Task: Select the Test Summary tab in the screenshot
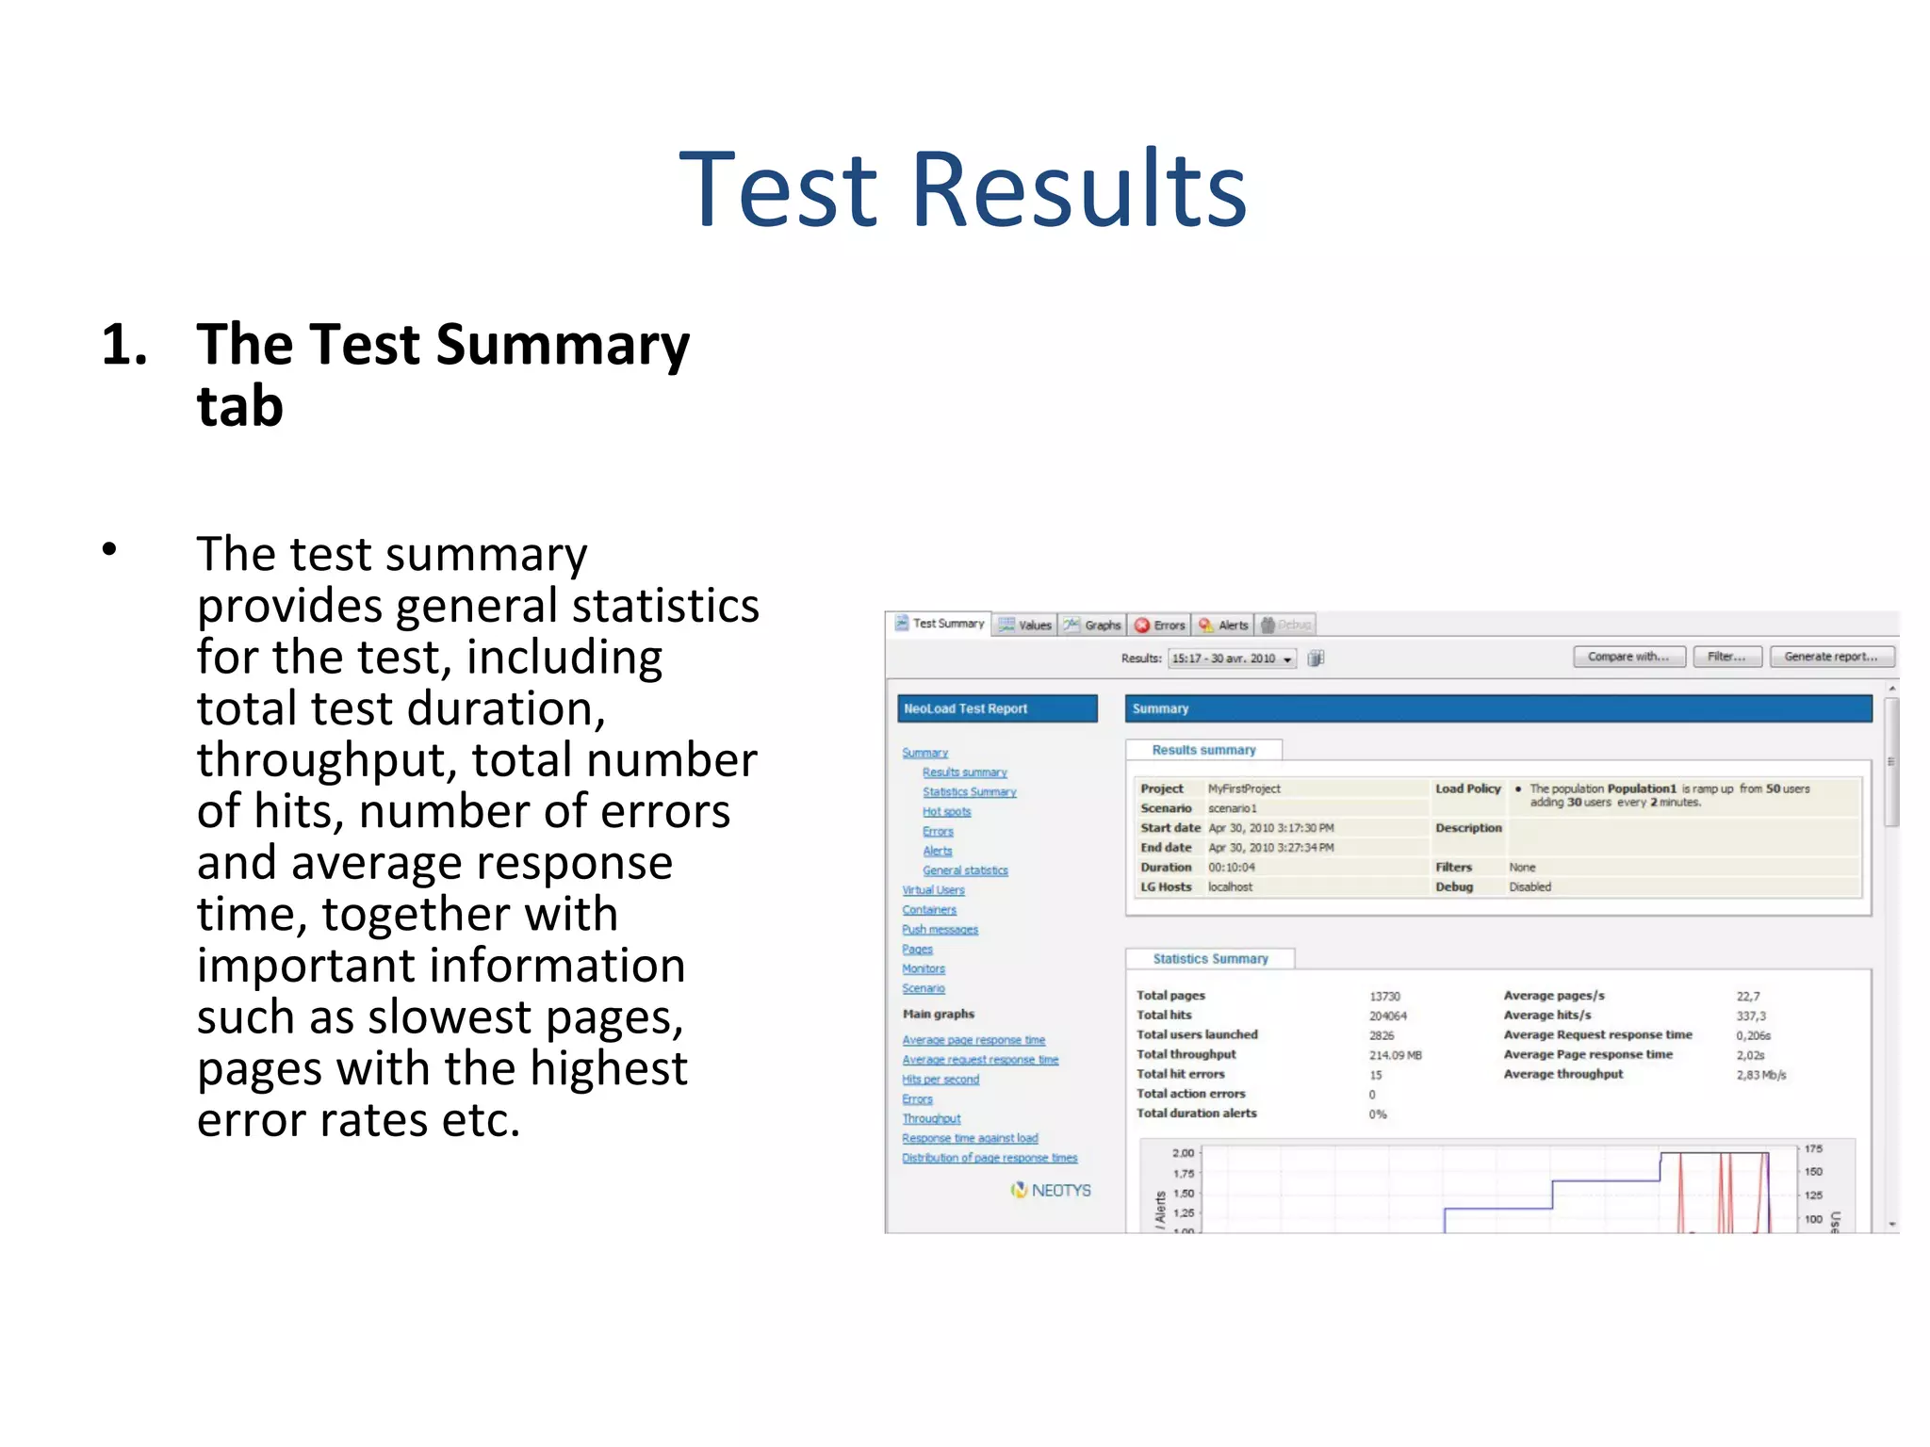click(940, 624)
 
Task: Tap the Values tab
click(1025, 625)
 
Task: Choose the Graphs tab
click(1093, 625)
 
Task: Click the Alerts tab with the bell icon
click(1224, 625)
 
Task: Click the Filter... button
click(1726, 657)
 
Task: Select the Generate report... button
click(1831, 657)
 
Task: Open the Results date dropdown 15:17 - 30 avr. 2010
click(1232, 658)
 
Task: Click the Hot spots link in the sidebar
click(946, 811)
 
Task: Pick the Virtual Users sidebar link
click(933, 889)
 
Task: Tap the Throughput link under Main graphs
click(931, 1118)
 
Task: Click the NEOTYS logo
click(1051, 1190)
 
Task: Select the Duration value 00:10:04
click(1232, 867)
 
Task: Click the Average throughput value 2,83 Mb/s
click(1760, 1075)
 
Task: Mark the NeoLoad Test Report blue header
click(997, 708)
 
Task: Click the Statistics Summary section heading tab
click(1210, 958)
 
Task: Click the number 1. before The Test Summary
click(124, 345)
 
